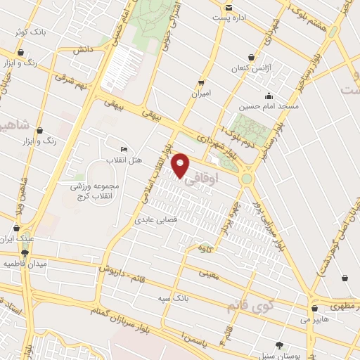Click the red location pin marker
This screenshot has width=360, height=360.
(x=181, y=166)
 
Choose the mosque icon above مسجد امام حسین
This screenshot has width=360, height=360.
(x=267, y=96)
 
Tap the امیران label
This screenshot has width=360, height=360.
(x=201, y=93)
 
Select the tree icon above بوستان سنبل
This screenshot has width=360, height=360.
(x=281, y=345)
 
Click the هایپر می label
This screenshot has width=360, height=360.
(x=295, y=319)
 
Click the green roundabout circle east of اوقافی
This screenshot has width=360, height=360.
(x=247, y=179)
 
